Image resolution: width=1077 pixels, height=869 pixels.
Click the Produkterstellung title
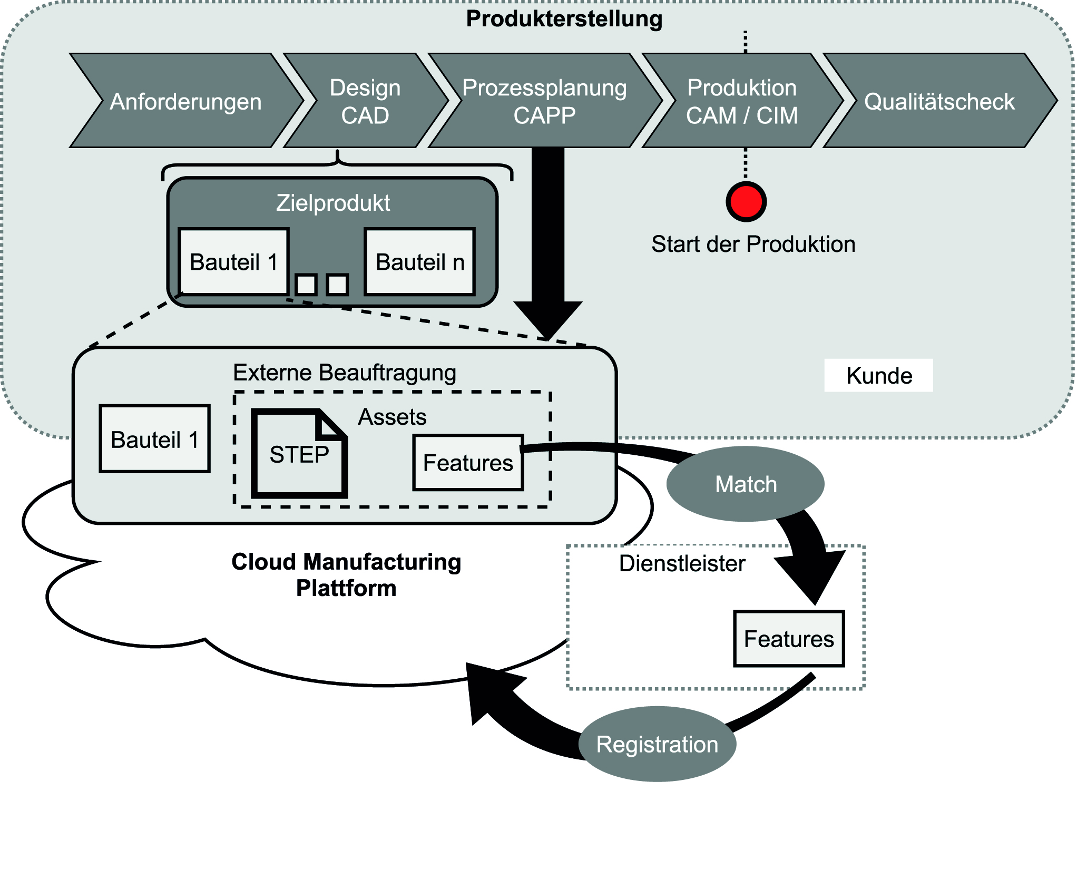coord(564,19)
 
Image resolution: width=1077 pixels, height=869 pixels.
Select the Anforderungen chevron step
coord(185,101)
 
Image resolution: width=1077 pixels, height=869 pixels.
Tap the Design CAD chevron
coord(365,101)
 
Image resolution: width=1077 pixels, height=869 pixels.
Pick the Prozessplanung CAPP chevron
coord(544,101)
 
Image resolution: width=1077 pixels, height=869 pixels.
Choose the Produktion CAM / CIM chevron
coord(741,101)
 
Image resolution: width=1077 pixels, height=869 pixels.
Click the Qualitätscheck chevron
coord(939,101)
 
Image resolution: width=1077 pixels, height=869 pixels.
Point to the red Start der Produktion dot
coord(746,201)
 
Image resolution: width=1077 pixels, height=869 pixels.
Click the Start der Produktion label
coord(753,245)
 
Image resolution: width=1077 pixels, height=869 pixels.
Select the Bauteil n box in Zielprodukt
coord(420,262)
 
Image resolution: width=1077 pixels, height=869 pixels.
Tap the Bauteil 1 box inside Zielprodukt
coord(233,262)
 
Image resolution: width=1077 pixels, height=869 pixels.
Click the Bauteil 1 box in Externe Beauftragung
coord(154,439)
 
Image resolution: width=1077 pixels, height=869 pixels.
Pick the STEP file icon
coord(299,454)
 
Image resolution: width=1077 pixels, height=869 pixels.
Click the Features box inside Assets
coord(468,463)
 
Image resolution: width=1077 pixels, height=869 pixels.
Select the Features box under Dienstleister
coord(789,639)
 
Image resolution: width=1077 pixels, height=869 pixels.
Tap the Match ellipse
coord(745,484)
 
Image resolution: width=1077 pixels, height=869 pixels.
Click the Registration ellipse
coord(657,744)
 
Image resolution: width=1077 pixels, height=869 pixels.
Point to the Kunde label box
coord(878,376)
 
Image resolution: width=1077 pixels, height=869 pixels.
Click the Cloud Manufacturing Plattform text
coord(346,575)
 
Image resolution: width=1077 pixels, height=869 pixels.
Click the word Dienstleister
coord(682,563)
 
